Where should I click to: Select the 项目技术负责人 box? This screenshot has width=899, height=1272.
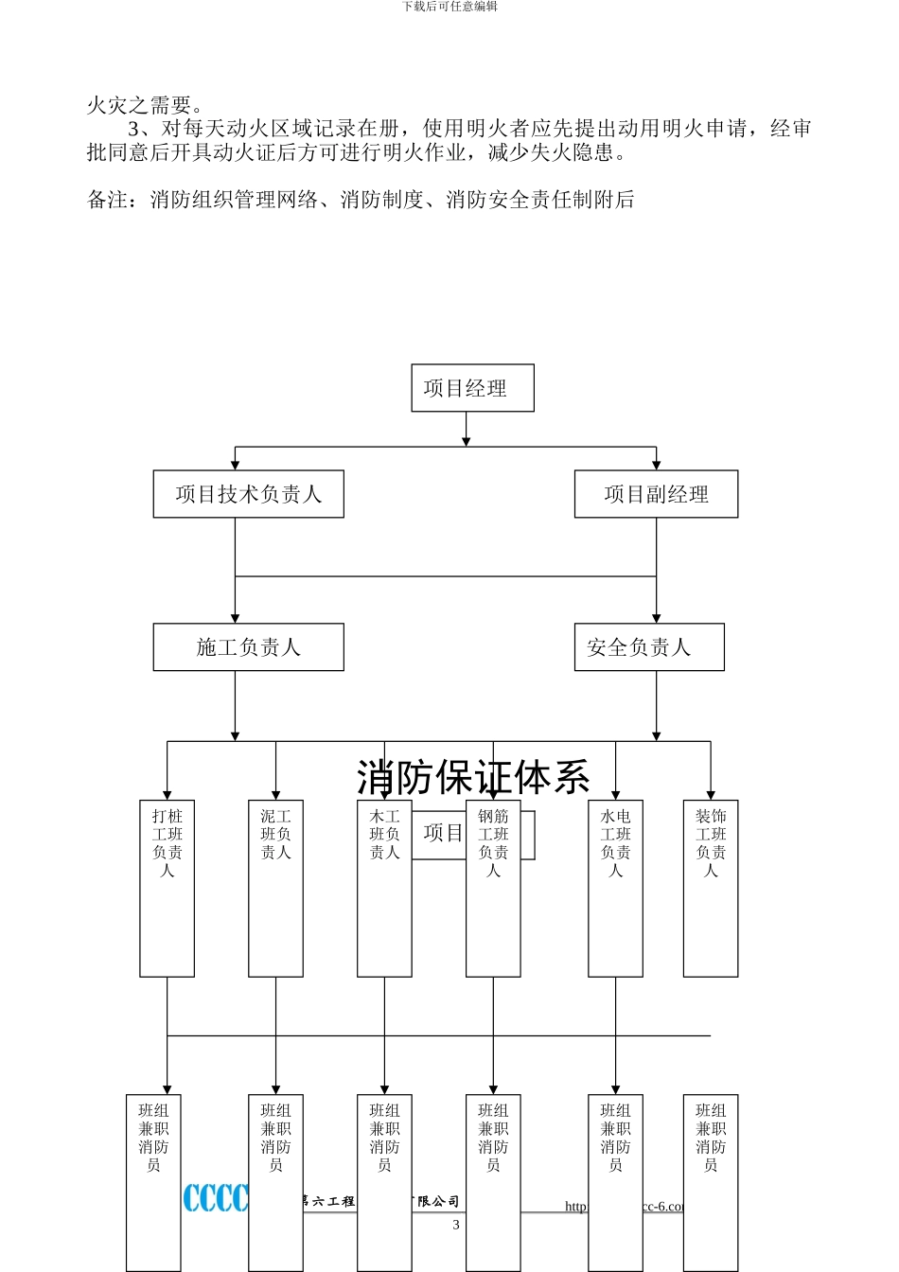[248, 494]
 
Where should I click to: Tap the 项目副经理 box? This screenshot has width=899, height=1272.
[656, 494]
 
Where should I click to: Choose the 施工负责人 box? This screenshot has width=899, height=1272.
[248, 647]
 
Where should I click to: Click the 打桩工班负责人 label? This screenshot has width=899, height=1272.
[167, 842]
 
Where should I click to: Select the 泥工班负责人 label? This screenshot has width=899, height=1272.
[275, 834]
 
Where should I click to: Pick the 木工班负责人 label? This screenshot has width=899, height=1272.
[384, 834]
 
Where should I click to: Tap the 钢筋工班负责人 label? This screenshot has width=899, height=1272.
[493, 842]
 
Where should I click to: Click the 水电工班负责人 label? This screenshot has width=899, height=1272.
[615, 842]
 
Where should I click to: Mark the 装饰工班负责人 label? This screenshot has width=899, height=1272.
[711, 842]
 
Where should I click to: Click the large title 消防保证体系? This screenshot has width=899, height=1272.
[473, 778]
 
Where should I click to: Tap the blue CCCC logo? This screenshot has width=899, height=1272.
[216, 1197]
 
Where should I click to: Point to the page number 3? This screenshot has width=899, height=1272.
[456, 1225]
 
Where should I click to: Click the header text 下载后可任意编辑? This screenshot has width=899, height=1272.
[449, 7]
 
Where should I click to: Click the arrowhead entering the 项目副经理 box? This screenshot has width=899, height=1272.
[656, 465]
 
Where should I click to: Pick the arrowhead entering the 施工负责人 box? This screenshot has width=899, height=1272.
[235, 618]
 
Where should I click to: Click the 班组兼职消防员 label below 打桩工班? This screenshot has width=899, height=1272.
[153, 1138]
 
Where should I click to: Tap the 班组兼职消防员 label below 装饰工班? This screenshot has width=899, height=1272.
[711, 1138]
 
